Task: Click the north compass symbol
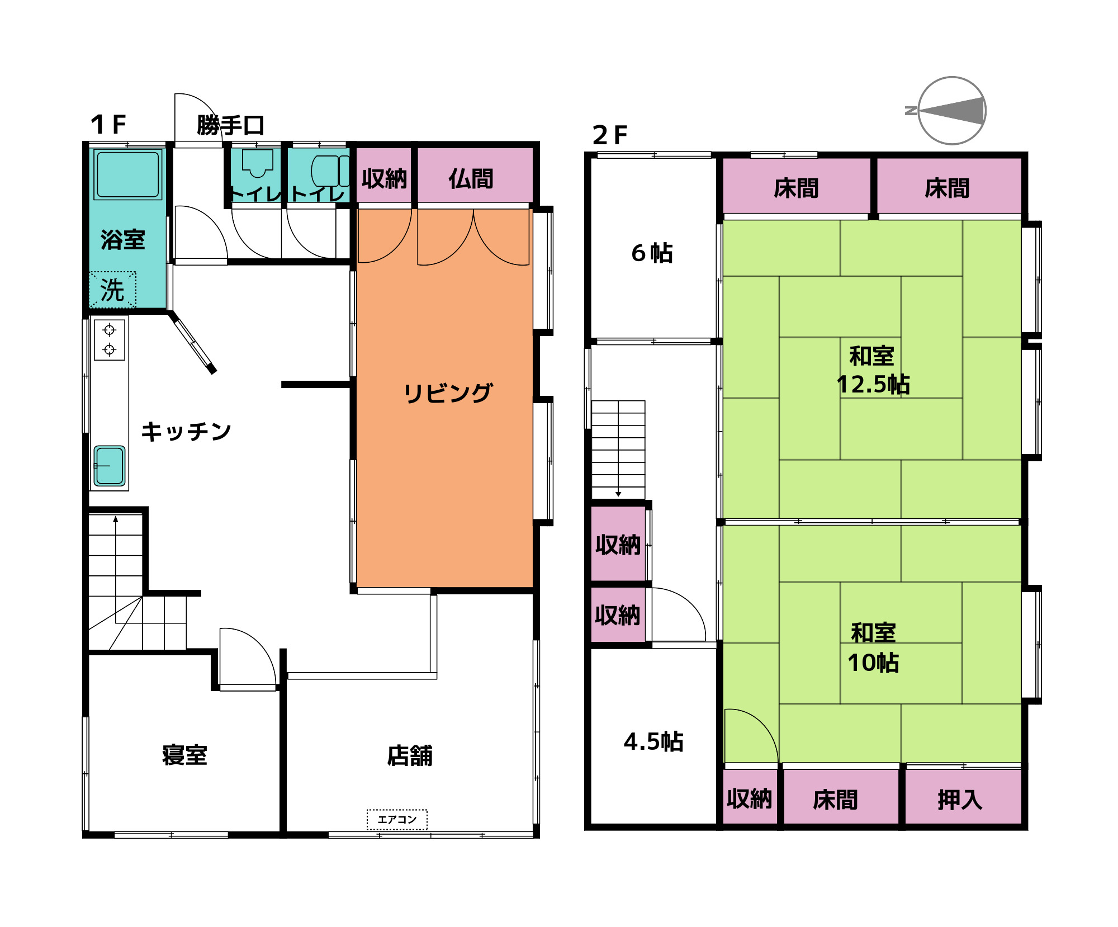pyautogui.click(x=951, y=110)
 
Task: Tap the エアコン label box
pyautogui.click(x=397, y=820)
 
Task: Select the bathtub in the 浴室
pyautogui.click(x=128, y=174)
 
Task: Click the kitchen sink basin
pyautogui.click(x=110, y=465)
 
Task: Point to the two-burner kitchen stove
pyautogui.click(x=110, y=339)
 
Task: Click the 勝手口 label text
pyautogui.click(x=230, y=125)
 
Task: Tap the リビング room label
pyautogui.click(x=448, y=393)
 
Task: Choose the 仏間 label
pyautogui.click(x=471, y=179)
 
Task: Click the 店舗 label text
pyautogui.click(x=410, y=755)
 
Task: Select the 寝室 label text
pyautogui.click(x=184, y=755)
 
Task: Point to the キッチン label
pyautogui.click(x=186, y=432)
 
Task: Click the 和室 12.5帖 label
pyautogui.click(x=873, y=370)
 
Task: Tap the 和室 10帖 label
pyautogui.click(x=873, y=648)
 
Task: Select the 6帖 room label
pyautogui.click(x=652, y=253)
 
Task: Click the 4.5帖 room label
pyautogui.click(x=653, y=741)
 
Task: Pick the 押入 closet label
pyautogui.click(x=960, y=800)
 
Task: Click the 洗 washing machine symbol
pyautogui.click(x=112, y=290)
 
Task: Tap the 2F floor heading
pyautogui.click(x=610, y=135)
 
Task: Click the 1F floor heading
pyautogui.click(x=108, y=124)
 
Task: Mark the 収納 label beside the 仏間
pyautogui.click(x=384, y=179)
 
